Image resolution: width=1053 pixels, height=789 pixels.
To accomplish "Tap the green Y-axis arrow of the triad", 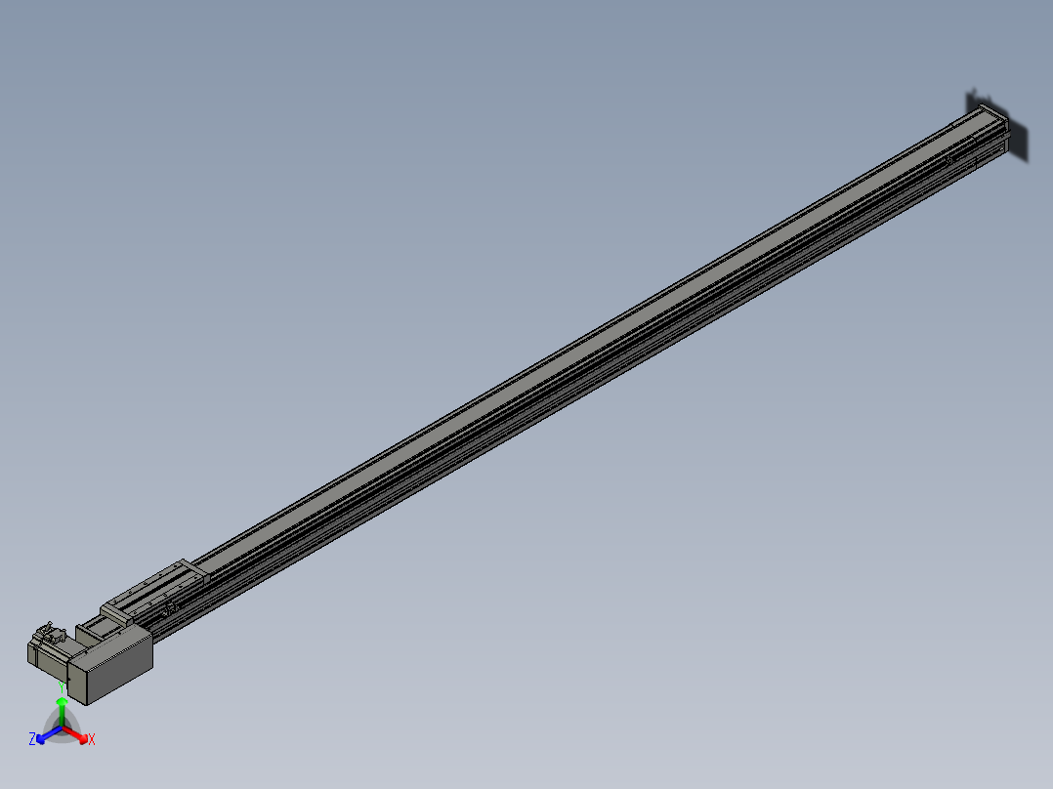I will point(62,713).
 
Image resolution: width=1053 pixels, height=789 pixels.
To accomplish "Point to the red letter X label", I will point(92,740).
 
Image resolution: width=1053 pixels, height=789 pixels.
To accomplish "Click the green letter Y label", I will point(62,686).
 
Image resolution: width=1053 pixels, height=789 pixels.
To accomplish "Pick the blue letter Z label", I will point(32,739).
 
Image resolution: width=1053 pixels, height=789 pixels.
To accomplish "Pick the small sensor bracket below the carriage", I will point(172,609).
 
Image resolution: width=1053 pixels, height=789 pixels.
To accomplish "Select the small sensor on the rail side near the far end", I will point(948,160).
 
